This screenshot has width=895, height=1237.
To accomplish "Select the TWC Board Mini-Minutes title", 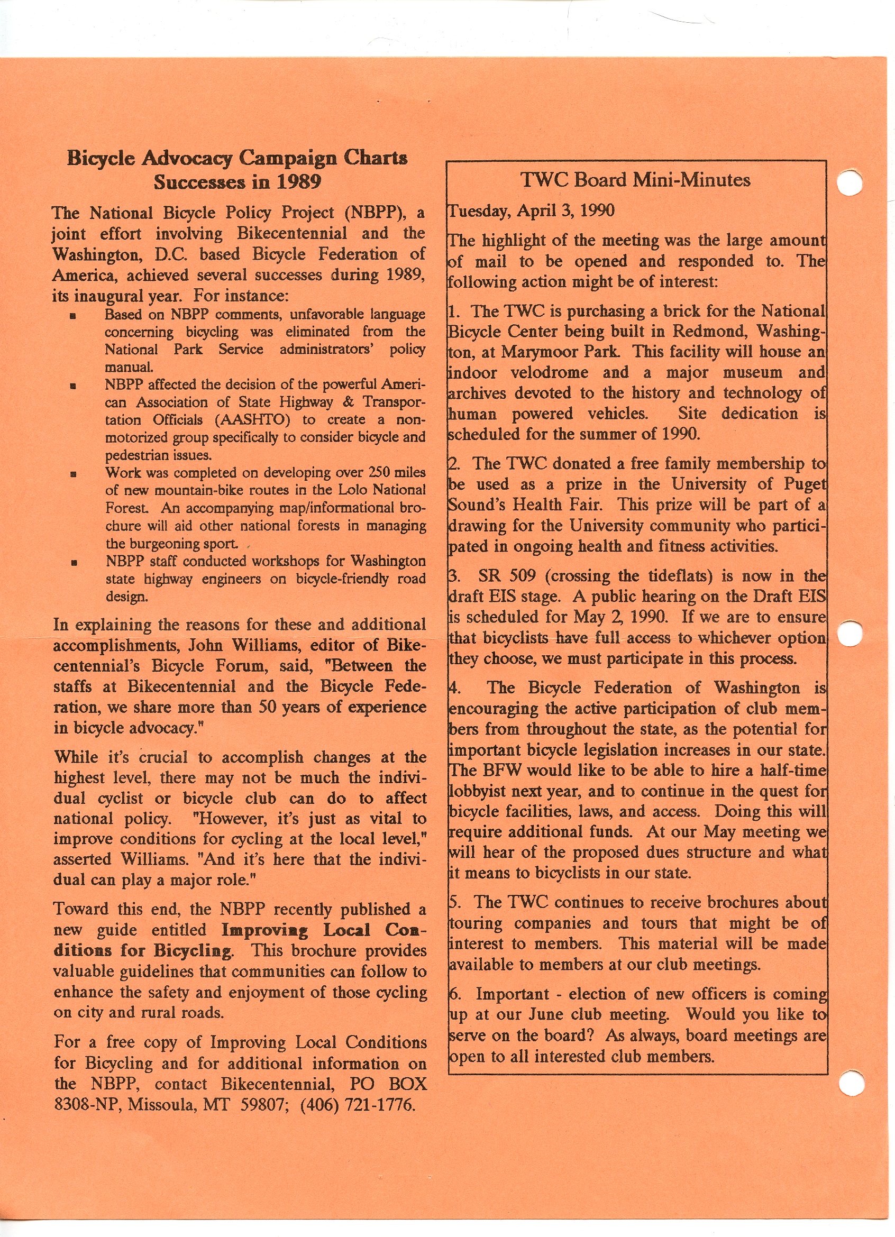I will coord(635,180).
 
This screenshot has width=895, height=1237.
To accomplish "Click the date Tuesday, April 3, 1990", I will coord(531,211).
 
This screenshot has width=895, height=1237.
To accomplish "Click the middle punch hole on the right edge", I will coord(848,633).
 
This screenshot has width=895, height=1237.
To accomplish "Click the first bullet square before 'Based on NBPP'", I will coord(73,316).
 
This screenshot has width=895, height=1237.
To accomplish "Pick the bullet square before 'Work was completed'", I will coord(73,474).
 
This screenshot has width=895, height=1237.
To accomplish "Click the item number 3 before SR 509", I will coord(453,576).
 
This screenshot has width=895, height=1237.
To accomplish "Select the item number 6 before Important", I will coord(453,994).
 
